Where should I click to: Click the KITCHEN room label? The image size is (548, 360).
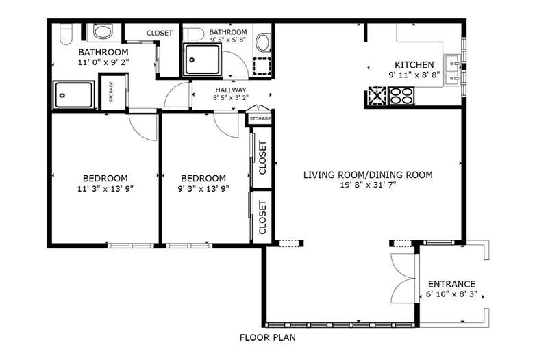[x=414, y=64]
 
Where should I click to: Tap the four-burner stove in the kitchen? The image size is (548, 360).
[x=401, y=96]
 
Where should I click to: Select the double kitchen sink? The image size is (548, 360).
[x=453, y=70]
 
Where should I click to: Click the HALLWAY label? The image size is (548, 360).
[x=231, y=90]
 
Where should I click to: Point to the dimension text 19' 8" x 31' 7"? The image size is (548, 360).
[x=368, y=185]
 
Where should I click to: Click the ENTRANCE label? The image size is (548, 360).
[x=452, y=284]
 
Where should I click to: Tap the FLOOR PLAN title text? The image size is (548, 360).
[x=268, y=337]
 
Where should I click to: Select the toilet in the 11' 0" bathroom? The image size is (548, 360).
[x=66, y=34]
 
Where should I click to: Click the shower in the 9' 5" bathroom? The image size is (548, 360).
[x=202, y=60]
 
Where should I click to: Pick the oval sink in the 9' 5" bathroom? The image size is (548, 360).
[x=264, y=42]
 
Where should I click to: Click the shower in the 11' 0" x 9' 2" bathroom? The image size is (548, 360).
[x=74, y=94]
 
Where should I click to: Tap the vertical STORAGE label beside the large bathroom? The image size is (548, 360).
[x=111, y=92]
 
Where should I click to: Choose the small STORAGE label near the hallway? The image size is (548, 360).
[x=260, y=118]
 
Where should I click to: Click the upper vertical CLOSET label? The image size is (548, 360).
[x=262, y=157]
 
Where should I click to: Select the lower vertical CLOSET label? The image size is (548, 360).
[x=262, y=217]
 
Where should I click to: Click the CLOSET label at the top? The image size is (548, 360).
[x=160, y=33]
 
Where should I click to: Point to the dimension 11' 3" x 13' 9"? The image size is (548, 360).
[x=105, y=189]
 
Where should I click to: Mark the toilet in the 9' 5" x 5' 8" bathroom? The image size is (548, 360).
[x=194, y=34]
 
